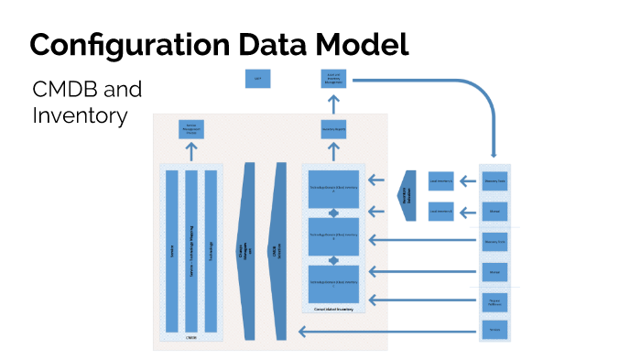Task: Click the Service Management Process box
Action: [x=190, y=129]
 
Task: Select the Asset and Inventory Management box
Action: [x=334, y=80]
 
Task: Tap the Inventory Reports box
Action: [x=333, y=129]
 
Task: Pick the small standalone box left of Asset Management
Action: [x=257, y=79]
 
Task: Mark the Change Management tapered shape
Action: [x=246, y=251]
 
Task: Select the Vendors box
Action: [x=494, y=328]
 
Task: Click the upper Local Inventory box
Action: [x=441, y=181]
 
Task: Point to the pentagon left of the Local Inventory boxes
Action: [x=407, y=194]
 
